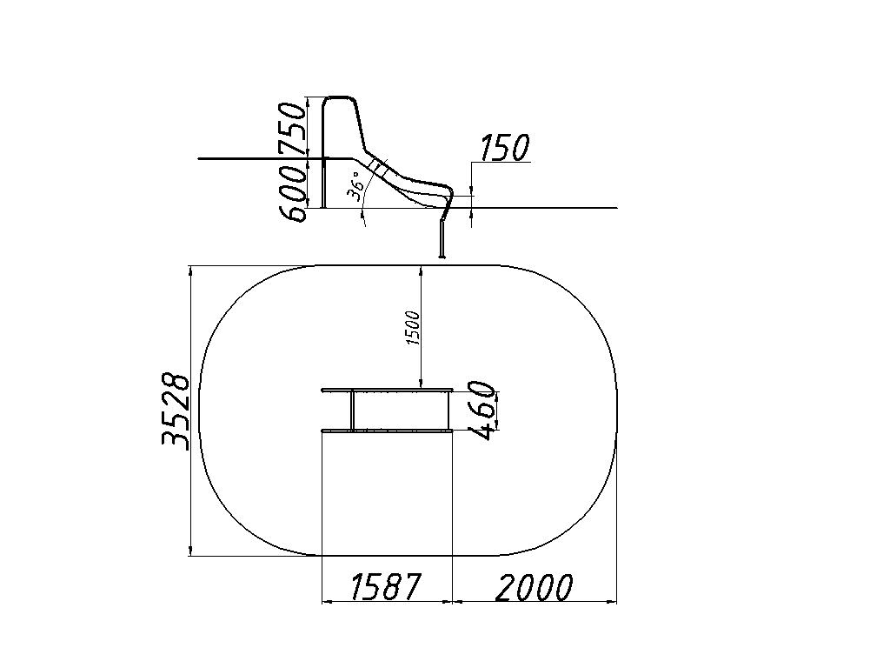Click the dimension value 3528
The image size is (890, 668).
coord(176,411)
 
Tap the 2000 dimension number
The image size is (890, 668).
coord(535,588)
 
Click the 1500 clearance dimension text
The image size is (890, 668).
coord(413,328)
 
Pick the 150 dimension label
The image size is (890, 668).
coord(505,148)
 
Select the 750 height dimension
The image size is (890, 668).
coord(294,128)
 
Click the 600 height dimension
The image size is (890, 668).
coord(294,190)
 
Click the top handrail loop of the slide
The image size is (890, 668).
coord(340,98)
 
